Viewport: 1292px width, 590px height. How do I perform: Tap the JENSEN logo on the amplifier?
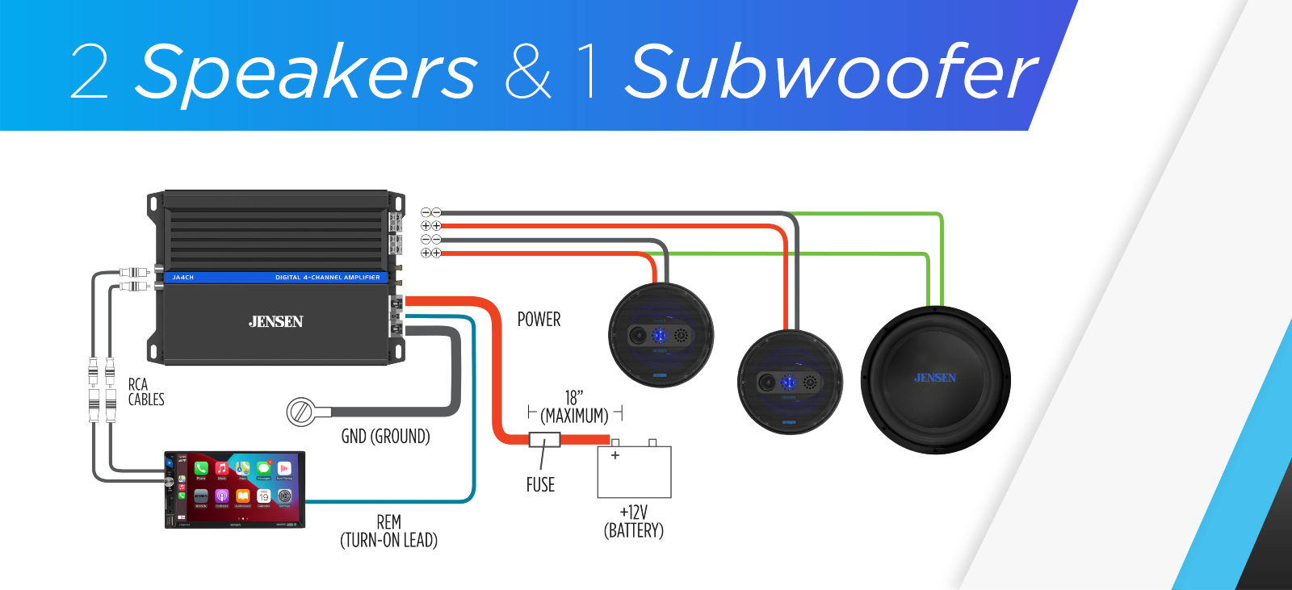[275, 321]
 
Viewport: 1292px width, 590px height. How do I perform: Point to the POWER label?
[539, 320]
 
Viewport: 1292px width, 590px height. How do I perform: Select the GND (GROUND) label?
[385, 437]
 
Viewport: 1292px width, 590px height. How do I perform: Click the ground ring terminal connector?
[300, 412]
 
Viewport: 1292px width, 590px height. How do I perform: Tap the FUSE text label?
[540, 485]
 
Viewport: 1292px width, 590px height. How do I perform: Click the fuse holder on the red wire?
[544, 440]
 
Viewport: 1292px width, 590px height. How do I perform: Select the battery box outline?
[634, 472]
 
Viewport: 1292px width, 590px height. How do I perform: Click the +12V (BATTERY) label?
[634, 521]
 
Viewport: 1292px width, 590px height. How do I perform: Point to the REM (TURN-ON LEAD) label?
[388, 531]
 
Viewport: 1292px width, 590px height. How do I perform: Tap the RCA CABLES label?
[145, 392]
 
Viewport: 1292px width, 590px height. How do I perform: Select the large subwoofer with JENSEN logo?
[935, 379]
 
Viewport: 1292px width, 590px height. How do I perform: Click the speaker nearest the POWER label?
[661, 335]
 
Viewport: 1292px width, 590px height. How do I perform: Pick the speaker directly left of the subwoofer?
[790, 382]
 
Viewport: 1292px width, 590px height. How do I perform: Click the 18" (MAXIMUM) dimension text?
[574, 408]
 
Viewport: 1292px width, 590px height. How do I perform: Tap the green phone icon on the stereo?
[201, 468]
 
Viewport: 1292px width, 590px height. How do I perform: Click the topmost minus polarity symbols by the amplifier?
[430, 213]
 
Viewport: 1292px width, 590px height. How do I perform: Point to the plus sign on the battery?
[615, 455]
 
